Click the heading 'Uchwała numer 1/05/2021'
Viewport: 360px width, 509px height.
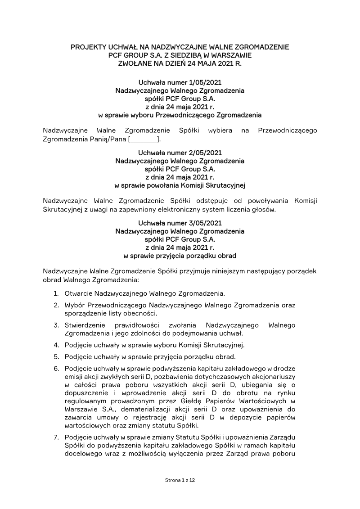coord(180,82)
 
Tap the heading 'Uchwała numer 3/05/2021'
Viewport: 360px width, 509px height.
coord(180,223)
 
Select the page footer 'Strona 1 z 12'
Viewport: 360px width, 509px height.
coord(180,481)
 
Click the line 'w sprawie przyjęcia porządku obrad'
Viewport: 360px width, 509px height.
coord(180,256)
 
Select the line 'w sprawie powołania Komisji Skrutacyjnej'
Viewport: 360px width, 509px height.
coord(180,185)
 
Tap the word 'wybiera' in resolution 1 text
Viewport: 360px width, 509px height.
coord(220,131)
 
